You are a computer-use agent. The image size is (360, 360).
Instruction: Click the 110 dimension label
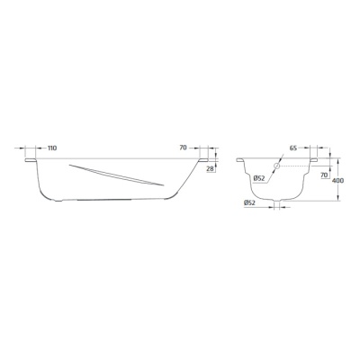click(x=52, y=148)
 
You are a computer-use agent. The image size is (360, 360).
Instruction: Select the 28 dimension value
click(x=210, y=168)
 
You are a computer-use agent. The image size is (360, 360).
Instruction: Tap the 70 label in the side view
click(x=183, y=148)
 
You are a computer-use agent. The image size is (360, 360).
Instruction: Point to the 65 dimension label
click(x=293, y=148)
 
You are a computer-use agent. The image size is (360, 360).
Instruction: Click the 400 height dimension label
click(x=338, y=181)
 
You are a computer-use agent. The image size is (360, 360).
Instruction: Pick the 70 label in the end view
click(x=323, y=175)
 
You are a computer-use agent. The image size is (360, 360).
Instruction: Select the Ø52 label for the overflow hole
click(x=258, y=178)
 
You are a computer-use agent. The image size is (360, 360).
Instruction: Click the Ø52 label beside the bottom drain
click(x=249, y=203)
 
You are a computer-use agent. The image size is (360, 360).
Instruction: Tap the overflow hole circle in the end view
click(x=276, y=166)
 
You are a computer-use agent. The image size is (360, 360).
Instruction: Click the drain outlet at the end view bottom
click(x=277, y=201)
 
